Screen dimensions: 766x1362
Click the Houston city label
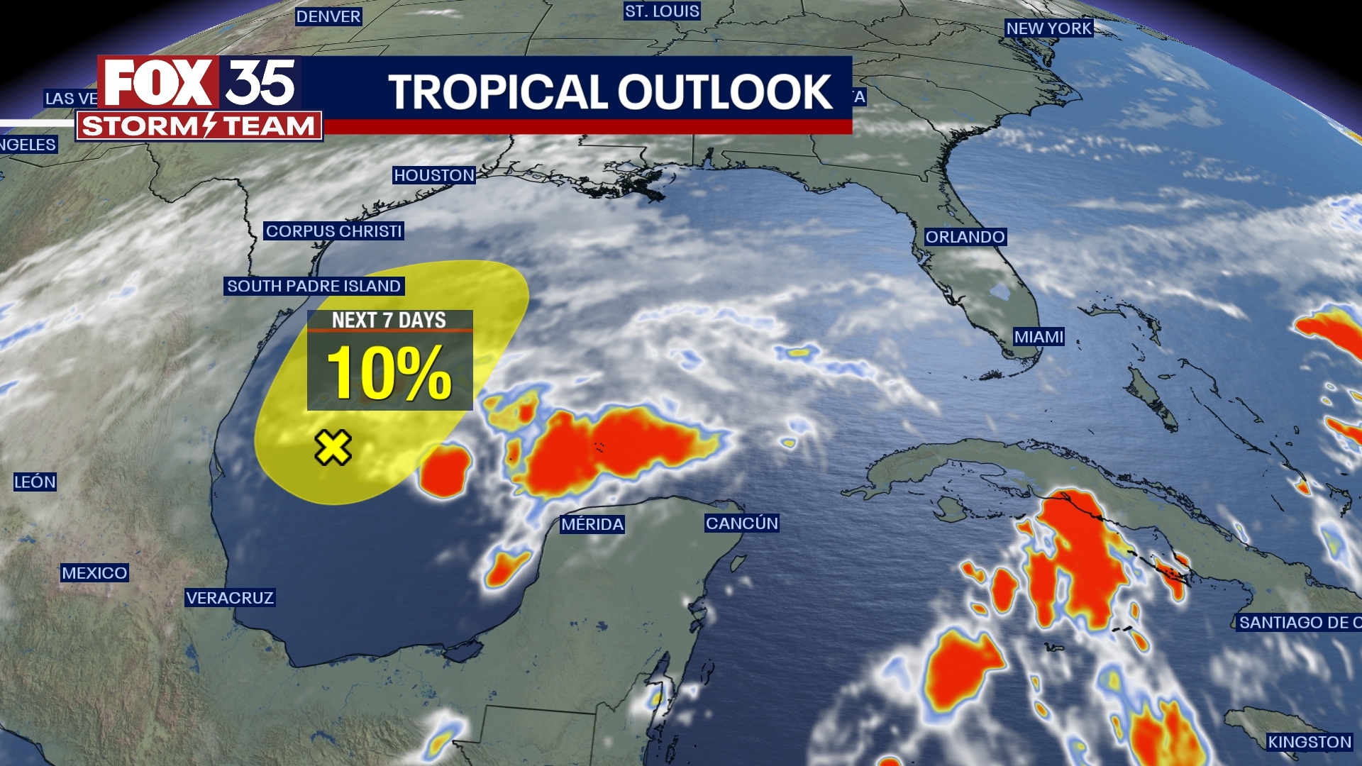point(434,175)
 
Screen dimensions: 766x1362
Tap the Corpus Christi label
point(333,231)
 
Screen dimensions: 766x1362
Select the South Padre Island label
point(314,286)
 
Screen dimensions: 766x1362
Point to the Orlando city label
point(965,237)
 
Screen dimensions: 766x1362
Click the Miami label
point(1039,337)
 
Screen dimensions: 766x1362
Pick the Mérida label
point(592,524)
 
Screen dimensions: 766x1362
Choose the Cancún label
point(742,523)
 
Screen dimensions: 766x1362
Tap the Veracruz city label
point(230,598)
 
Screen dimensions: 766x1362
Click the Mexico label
point(94,573)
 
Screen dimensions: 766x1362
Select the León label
point(35,482)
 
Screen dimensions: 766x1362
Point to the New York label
point(1049,28)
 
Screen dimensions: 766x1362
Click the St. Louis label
point(662,11)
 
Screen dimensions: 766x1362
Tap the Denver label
point(328,16)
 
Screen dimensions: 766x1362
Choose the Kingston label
point(1310,742)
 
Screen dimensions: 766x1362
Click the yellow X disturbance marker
point(333,448)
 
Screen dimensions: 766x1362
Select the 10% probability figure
point(389,372)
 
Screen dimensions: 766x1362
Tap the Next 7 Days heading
point(389,321)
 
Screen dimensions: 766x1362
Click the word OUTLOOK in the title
point(725,92)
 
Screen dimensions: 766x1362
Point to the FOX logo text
point(157,83)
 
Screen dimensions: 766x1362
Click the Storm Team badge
point(199,126)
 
